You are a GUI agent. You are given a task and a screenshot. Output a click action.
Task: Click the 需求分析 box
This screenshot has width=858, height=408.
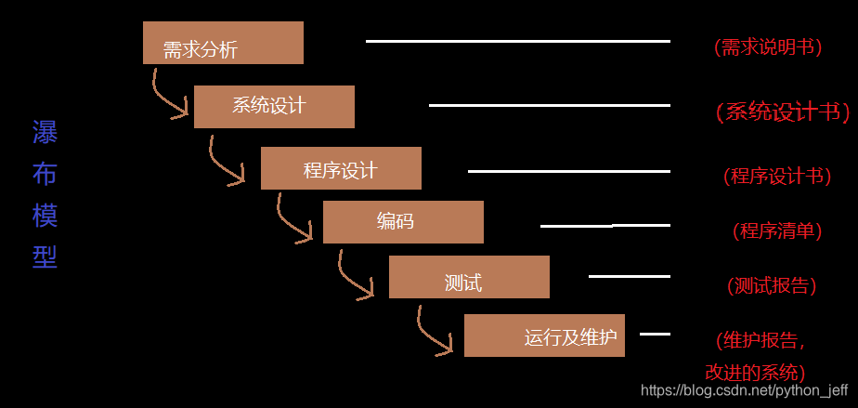(x=223, y=43)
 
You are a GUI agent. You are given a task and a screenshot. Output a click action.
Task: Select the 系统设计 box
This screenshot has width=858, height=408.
(x=274, y=106)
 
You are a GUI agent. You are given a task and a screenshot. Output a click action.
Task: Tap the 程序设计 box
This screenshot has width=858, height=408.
(x=341, y=168)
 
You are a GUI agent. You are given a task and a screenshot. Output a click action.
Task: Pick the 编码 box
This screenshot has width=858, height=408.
(x=403, y=222)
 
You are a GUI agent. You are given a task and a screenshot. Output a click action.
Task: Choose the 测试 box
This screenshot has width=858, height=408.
(x=469, y=277)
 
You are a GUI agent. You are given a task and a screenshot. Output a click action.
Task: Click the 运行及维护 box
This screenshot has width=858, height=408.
(x=544, y=336)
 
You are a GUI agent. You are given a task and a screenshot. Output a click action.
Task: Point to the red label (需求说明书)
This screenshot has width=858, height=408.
(x=768, y=47)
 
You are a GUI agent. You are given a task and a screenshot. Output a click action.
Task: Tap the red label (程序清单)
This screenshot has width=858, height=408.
(x=777, y=230)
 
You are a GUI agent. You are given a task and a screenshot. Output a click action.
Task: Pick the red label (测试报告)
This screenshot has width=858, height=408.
(x=772, y=285)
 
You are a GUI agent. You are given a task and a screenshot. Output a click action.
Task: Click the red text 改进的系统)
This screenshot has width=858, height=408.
(x=754, y=373)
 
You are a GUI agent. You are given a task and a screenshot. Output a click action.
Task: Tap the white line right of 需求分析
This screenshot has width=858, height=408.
(x=517, y=41)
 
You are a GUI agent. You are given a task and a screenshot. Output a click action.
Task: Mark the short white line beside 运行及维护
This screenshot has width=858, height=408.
(x=655, y=334)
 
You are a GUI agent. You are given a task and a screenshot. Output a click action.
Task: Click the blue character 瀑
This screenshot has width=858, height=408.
(x=45, y=133)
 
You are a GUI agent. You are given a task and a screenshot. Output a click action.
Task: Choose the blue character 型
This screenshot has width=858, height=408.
(x=45, y=256)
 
